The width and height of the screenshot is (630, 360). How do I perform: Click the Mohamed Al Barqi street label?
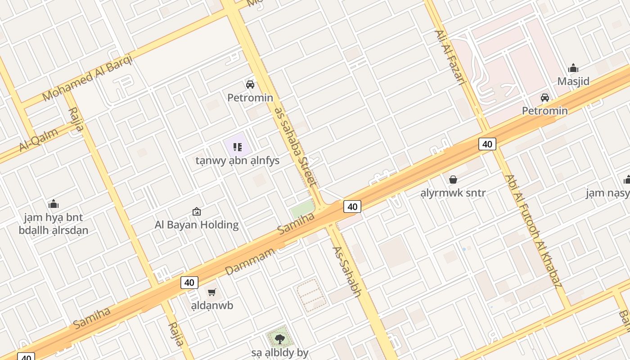tap(87, 77)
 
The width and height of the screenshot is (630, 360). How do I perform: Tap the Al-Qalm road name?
tap(39, 140)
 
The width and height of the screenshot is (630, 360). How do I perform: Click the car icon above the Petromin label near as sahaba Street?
tap(250, 84)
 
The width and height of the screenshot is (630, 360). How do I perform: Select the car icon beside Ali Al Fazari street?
tap(544, 97)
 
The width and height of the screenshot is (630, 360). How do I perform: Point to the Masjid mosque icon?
tap(573, 68)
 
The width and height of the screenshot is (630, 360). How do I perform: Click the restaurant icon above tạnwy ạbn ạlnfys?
tap(238, 147)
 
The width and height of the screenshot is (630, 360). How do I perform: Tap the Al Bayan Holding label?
tap(197, 225)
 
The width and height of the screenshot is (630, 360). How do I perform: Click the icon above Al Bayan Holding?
tap(197, 211)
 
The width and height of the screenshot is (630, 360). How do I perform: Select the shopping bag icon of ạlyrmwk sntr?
tap(453, 180)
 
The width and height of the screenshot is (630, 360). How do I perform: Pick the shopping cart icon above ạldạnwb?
tap(212, 292)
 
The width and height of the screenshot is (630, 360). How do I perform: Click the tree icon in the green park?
tap(279, 338)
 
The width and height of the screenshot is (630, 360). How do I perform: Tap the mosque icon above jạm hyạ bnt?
tap(54, 204)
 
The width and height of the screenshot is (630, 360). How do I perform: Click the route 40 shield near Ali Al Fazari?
tap(487, 144)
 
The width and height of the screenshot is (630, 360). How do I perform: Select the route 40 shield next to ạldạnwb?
tap(189, 283)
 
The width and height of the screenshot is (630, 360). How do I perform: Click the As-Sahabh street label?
tap(347, 271)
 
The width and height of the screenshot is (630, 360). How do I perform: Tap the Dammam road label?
tap(250, 261)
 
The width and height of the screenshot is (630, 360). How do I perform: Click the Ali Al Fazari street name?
tap(450, 58)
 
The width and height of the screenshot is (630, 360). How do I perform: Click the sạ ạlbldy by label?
tap(279, 353)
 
